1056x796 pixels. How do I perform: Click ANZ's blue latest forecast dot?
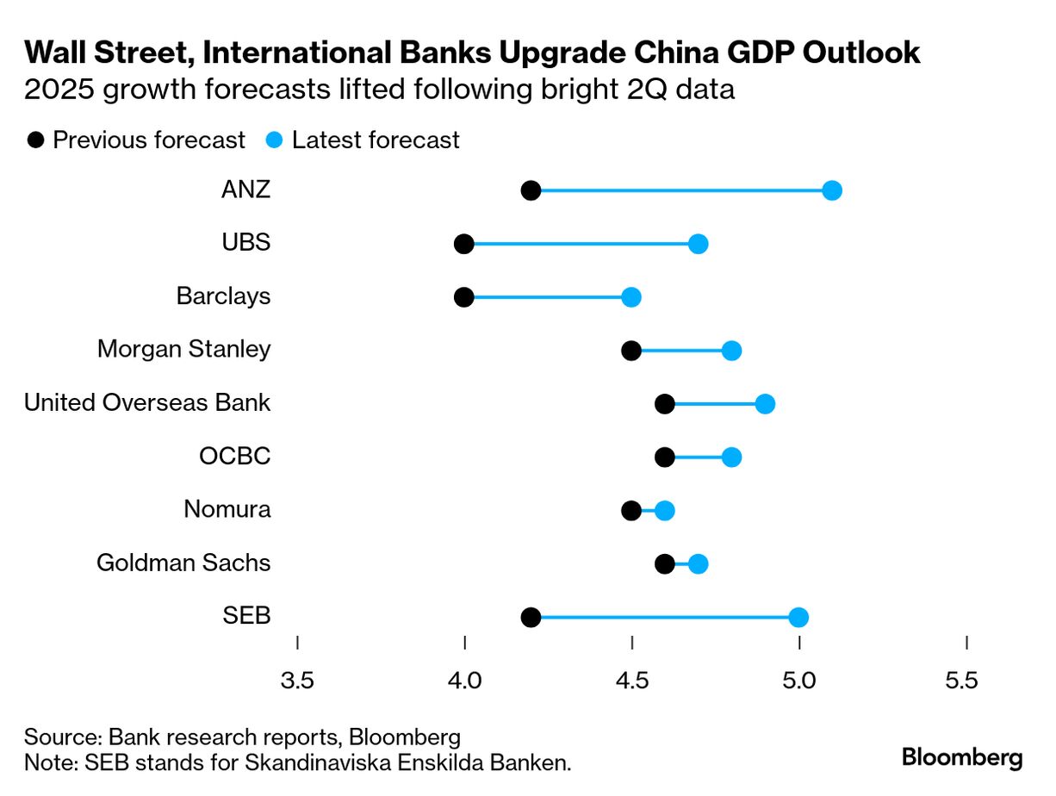[832, 190]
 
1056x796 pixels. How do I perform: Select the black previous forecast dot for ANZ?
[531, 190]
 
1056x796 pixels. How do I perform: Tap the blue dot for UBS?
[699, 244]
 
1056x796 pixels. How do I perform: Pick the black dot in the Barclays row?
[464, 297]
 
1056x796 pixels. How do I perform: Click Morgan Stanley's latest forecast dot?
[731, 351]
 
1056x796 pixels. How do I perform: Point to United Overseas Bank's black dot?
[665, 404]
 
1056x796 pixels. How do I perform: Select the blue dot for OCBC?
[731, 457]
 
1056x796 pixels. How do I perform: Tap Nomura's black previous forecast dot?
[631, 511]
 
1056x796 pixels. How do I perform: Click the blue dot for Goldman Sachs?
[699, 564]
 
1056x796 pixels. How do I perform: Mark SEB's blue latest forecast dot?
[798, 618]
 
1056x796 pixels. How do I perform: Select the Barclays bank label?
[223, 296]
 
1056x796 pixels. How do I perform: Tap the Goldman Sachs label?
[183, 563]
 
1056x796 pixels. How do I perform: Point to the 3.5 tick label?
[297, 681]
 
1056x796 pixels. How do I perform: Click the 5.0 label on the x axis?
[799, 681]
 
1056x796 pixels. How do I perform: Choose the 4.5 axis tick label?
[632, 681]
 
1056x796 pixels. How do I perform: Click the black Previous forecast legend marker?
[36, 140]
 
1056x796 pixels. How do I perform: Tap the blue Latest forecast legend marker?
[275, 140]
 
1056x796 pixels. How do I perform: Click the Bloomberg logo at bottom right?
[962, 758]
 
